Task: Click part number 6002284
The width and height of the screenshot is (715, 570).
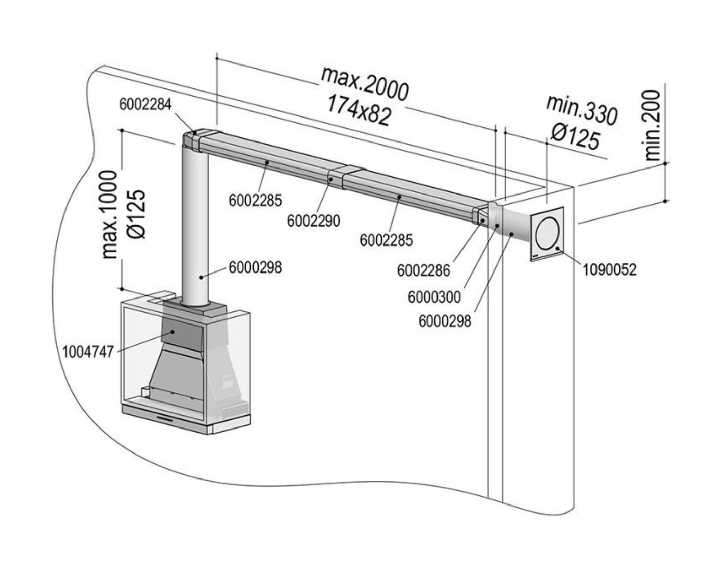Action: pyautogui.click(x=145, y=104)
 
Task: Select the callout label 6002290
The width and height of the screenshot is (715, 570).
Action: pyautogui.click(x=314, y=221)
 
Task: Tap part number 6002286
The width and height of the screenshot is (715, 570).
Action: pyautogui.click(x=423, y=270)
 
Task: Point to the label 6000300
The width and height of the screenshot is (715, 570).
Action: pyautogui.click(x=434, y=297)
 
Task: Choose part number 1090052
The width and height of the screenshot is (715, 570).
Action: pyautogui.click(x=609, y=269)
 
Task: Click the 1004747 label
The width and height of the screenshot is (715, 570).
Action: pyautogui.click(x=88, y=352)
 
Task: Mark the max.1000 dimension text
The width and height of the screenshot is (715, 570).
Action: pyautogui.click(x=110, y=215)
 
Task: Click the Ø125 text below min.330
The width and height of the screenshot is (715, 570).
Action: pyautogui.click(x=576, y=136)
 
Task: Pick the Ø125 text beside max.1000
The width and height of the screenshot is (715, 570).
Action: pyautogui.click(x=136, y=215)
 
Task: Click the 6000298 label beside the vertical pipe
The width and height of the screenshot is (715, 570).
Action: pyautogui.click(x=255, y=268)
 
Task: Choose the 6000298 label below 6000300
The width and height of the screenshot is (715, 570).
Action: pyautogui.click(x=445, y=321)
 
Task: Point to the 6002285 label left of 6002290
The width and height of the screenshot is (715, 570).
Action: pyautogui.click(x=255, y=201)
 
